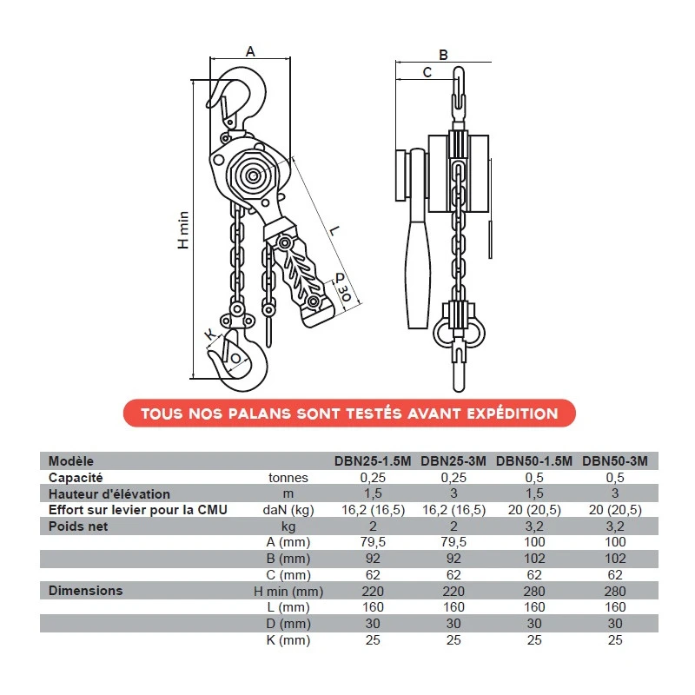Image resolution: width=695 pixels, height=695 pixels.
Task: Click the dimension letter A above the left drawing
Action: pyautogui.click(x=250, y=51)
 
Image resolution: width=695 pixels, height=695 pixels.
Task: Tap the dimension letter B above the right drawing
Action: pyautogui.click(x=443, y=55)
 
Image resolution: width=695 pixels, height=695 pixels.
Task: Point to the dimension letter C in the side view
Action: pyautogui.click(x=427, y=72)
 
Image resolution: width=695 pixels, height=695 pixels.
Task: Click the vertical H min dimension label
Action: pyautogui.click(x=183, y=229)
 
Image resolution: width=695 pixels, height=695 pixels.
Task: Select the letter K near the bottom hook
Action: pyautogui.click(x=210, y=334)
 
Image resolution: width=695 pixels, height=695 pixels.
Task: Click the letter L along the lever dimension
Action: pyautogui.click(x=334, y=230)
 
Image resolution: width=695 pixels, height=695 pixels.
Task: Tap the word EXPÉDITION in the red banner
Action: pyautogui.click(x=512, y=414)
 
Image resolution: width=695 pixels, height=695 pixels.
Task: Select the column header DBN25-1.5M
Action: pyautogui.click(x=373, y=461)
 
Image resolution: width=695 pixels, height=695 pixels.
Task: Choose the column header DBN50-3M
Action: pyautogui.click(x=615, y=461)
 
